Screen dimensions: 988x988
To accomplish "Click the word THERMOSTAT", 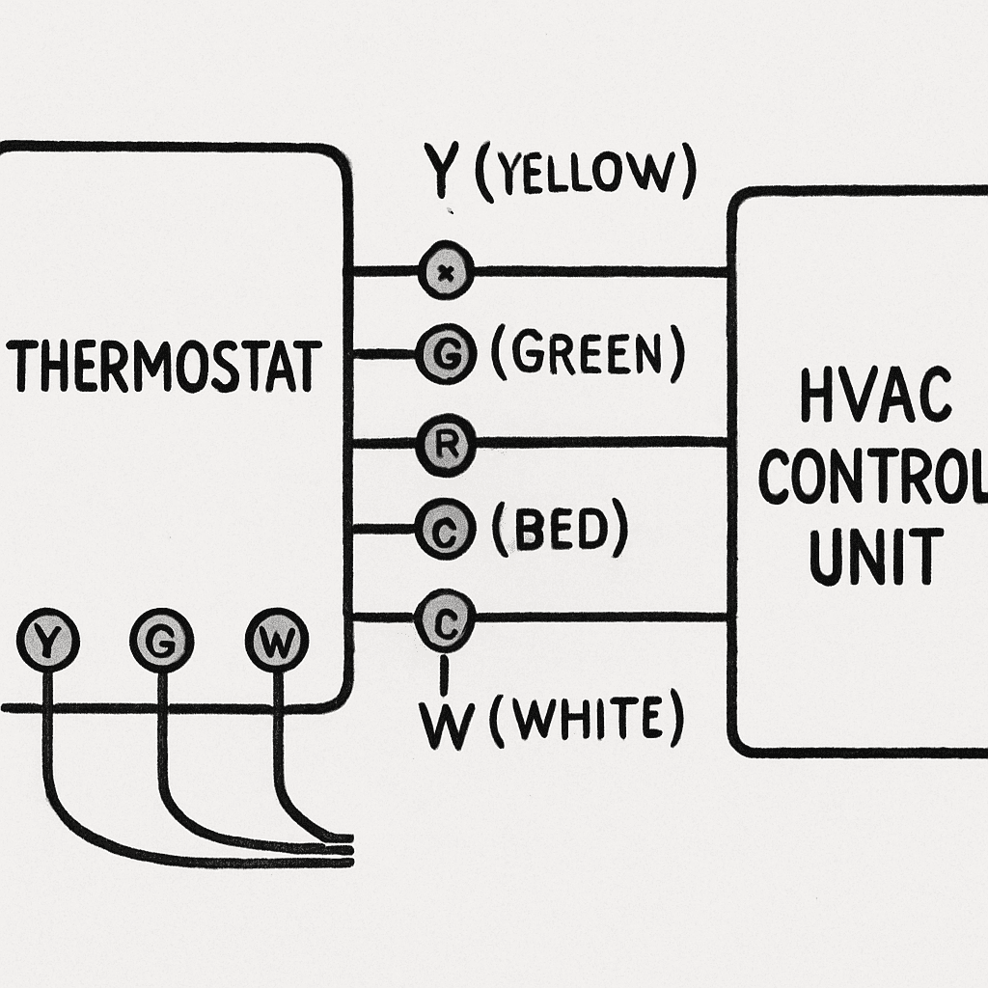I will coord(164,366).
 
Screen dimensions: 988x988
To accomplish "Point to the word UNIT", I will coord(875,557).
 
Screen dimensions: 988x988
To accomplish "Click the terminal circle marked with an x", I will coord(446,271).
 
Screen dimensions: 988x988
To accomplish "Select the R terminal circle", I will coord(446,443).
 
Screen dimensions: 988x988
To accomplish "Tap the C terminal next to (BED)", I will coord(445,529).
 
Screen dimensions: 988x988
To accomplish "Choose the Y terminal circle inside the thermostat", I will coord(47,640).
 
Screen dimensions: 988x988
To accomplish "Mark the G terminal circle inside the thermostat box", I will coord(161,640).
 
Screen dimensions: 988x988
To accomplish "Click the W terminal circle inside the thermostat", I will coord(277,640).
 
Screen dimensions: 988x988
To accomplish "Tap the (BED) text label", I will coord(559,530).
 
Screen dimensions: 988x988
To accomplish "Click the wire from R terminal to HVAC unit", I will coord(598,443).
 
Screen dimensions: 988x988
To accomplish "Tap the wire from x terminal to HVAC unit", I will coord(598,271).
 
